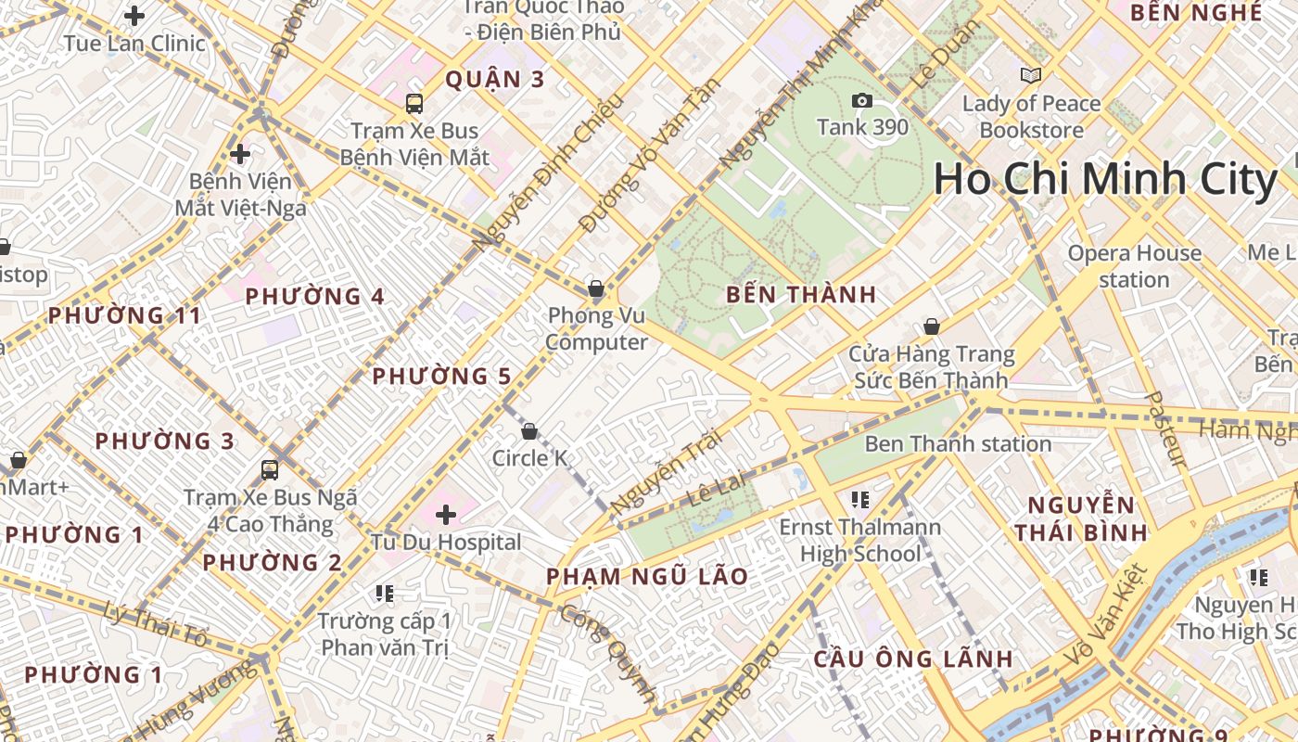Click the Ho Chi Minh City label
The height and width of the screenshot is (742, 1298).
pos(1105,179)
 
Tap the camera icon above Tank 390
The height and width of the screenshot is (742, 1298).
pos(862,100)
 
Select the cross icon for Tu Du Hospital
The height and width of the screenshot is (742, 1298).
pos(446,514)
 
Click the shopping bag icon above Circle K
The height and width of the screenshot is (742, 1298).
pos(529,431)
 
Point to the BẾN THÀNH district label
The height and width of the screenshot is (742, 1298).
pos(801,295)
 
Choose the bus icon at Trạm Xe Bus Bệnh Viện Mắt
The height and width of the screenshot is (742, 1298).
pos(414,104)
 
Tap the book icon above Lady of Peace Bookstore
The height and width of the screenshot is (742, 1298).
pos(1030,76)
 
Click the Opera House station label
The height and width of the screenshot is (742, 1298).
pos(1134,266)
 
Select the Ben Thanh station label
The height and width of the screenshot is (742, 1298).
pos(958,444)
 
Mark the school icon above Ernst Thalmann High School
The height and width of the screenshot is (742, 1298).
pos(859,501)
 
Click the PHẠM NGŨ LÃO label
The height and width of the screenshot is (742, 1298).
pos(646,576)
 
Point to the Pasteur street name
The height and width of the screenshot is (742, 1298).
pos(1166,429)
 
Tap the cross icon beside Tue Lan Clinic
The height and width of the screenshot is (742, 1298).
pos(135,16)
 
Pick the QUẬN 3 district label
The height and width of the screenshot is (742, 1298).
pos(495,79)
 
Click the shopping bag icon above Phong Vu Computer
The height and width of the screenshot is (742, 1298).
pos(596,288)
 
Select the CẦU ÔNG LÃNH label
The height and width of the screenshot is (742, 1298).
pos(913,659)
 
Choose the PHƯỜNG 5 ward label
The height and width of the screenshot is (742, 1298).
pos(441,376)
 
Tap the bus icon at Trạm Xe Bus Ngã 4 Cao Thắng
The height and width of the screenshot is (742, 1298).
pos(270,470)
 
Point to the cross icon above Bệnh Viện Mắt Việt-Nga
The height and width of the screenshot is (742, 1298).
pos(240,153)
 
